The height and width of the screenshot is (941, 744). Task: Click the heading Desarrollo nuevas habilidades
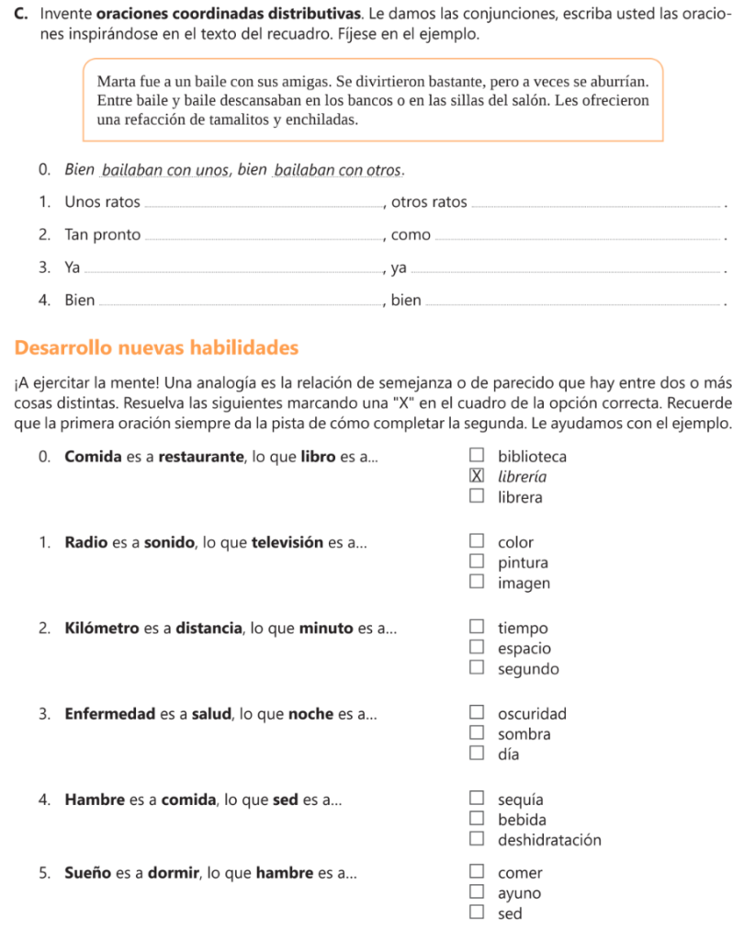pyautogui.click(x=157, y=348)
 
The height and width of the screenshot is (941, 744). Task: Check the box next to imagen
pyautogui.click(x=476, y=583)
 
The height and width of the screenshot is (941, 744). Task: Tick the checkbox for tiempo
pyautogui.click(x=476, y=628)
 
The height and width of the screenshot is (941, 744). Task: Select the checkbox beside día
pyautogui.click(x=476, y=754)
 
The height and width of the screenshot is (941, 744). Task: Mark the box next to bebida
pyautogui.click(x=476, y=819)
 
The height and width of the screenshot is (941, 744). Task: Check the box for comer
pyautogui.click(x=476, y=872)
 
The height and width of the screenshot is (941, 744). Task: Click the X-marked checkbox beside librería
pyautogui.click(x=476, y=476)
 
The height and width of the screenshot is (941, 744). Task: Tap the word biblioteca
pyautogui.click(x=532, y=456)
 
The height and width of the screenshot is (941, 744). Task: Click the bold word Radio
pyautogui.click(x=85, y=542)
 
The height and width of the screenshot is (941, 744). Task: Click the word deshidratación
pyautogui.click(x=549, y=840)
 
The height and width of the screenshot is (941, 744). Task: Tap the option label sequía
pyautogui.click(x=520, y=799)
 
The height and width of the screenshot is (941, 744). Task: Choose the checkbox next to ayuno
pyautogui.click(x=476, y=892)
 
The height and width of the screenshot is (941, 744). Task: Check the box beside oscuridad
pyautogui.click(x=476, y=713)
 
